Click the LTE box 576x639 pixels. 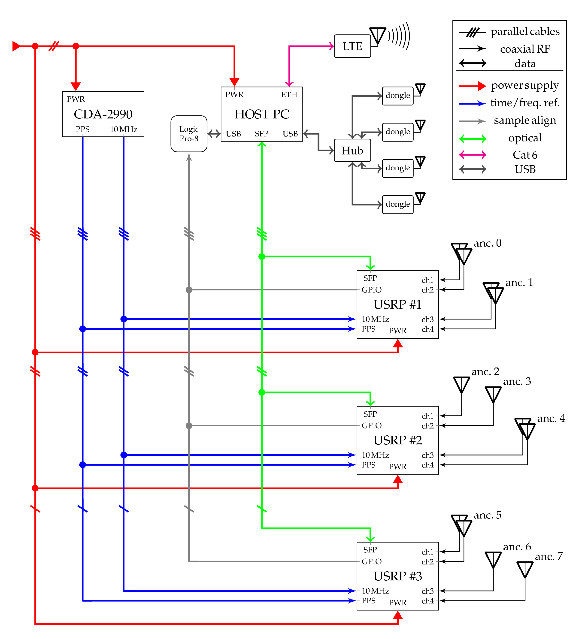pos(352,46)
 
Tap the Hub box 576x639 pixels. pos(352,151)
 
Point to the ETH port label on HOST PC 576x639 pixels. pos(289,95)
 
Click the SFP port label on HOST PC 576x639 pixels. pos(261,134)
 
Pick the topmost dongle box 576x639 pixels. pos(397,96)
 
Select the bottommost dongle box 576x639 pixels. pos(397,204)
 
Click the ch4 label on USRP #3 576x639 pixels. pos(427,601)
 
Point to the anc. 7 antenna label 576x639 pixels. pos(549,556)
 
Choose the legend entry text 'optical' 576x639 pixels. pos(525,138)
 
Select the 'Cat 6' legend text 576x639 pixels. pos(525,155)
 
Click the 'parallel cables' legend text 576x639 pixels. pos(525,31)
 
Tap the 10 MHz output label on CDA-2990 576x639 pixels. pos(123,129)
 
